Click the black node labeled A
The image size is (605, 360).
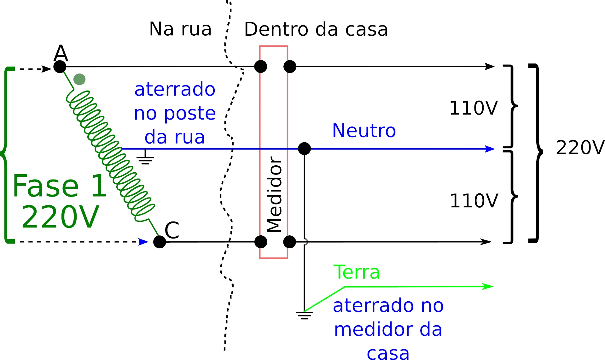pyautogui.click(x=60, y=67)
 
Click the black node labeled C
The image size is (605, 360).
pyautogui.click(x=160, y=242)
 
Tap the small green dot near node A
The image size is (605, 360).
pyautogui.click(x=79, y=79)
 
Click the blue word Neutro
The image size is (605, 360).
pyautogui.click(x=364, y=131)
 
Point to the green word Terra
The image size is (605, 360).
pyautogui.click(x=357, y=272)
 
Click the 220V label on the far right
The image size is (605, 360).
pyautogui.click(x=580, y=148)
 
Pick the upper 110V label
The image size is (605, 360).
pyautogui.click(x=473, y=108)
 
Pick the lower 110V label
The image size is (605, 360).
pyautogui.click(x=474, y=201)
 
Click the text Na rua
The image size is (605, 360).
pyautogui.click(x=180, y=29)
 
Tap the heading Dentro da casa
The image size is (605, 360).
pyautogui.click(x=316, y=30)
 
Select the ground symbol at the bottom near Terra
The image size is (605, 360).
pyautogui.click(x=304, y=315)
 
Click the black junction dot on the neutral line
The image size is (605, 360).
pyautogui.click(x=304, y=149)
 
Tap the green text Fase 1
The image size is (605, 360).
pyautogui.click(x=59, y=186)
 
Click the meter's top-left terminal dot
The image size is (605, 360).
pyautogui.click(x=260, y=67)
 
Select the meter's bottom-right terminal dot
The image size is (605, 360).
pyautogui.click(x=289, y=242)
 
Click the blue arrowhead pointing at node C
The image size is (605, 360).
pyautogui.click(x=143, y=242)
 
